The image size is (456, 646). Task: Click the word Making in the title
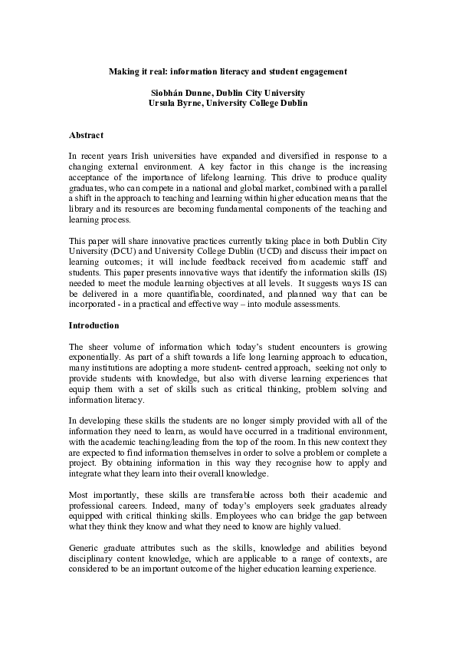[x=123, y=71]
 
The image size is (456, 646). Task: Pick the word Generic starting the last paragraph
[x=86, y=548]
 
